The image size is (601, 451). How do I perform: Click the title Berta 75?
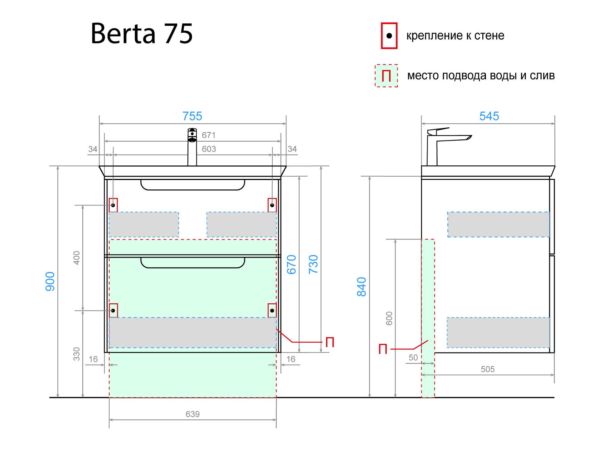(x=142, y=34)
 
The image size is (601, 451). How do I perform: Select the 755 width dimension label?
(x=192, y=116)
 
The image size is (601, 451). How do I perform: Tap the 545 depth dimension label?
(x=489, y=116)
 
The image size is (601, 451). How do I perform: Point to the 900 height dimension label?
(x=50, y=281)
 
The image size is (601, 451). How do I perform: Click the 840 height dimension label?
(x=361, y=286)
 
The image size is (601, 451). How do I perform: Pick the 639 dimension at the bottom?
(x=192, y=414)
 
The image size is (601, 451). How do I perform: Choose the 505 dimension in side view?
(x=488, y=369)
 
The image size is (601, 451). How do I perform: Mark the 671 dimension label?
(x=208, y=135)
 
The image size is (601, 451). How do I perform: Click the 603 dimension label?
(x=208, y=149)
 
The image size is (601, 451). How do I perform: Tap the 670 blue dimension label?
(x=291, y=264)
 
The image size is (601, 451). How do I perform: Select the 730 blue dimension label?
(x=313, y=264)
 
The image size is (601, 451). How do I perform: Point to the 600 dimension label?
(x=389, y=318)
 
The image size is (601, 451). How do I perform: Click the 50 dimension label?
(x=413, y=357)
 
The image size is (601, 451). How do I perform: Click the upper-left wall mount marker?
(x=113, y=205)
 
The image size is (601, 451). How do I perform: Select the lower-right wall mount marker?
(x=272, y=310)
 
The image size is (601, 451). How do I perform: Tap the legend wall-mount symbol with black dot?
(x=389, y=36)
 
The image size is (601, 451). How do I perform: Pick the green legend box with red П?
(x=386, y=76)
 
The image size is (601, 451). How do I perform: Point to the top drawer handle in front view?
(x=193, y=185)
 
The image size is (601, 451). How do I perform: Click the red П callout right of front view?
(x=329, y=342)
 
